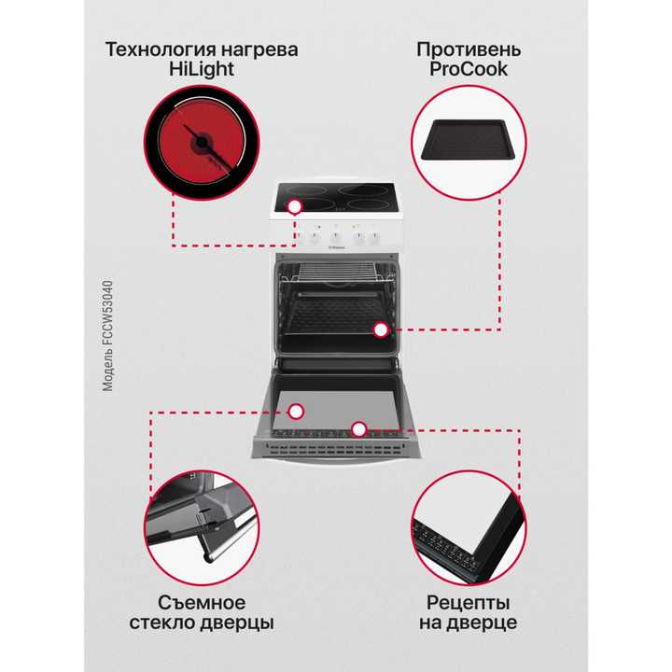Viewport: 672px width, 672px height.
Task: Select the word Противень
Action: (x=468, y=49)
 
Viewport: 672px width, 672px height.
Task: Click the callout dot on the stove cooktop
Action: (x=295, y=206)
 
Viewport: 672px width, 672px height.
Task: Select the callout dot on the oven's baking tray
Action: (x=380, y=329)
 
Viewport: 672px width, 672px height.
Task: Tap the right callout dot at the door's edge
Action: (x=357, y=428)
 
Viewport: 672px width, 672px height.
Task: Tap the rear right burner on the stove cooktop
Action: (x=364, y=193)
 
